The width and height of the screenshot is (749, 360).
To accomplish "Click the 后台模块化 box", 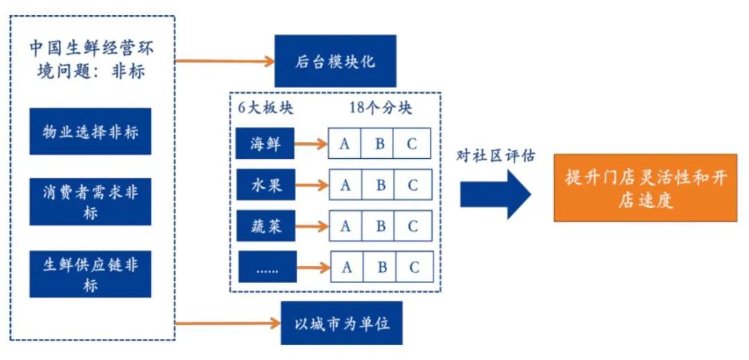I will [x=335, y=61].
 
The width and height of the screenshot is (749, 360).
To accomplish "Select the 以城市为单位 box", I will [x=341, y=324].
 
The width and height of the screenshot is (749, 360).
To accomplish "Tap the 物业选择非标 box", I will [x=90, y=132].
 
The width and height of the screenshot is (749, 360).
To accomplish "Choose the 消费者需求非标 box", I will [x=90, y=202].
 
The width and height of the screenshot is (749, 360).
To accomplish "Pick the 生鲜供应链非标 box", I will [x=90, y=274].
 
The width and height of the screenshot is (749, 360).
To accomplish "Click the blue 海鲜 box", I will [x=265, y=144].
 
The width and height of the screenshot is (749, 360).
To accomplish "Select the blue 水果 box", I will [x=265, y=185].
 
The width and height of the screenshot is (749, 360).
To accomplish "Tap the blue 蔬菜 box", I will [x=265, y=226].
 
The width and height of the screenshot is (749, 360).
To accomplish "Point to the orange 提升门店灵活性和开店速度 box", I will [x=645, y=188].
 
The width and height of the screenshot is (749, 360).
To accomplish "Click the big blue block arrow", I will [x=495, y=194].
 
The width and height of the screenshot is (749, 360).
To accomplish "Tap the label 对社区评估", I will [x=495, y=155].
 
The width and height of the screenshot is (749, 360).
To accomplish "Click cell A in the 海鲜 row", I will [x=345, y=144].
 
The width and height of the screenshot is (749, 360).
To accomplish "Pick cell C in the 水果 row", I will [x=413, y=185].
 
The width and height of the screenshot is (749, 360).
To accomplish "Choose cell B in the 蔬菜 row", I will [x=380, y=226].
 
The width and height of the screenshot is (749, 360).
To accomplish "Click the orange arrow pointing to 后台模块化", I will [x=225, y=61].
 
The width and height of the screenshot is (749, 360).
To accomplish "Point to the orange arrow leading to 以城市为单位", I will [x=225, y=323].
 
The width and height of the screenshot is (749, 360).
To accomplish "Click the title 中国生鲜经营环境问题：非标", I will [x=92, y=60].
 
